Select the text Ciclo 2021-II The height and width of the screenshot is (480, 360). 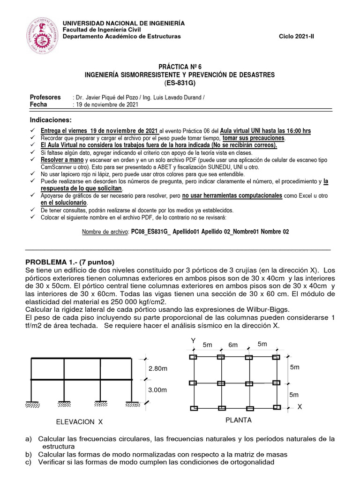[x=297, y=37]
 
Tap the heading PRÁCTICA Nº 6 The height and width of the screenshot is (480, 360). [x=180, y=67]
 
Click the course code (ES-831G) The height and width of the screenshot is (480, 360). [x=180, y=83]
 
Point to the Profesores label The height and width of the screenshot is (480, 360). [x=45, y=97]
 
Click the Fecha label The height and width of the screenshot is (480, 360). [x=38, y=105]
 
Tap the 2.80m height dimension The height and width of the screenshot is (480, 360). [x=157, y=368]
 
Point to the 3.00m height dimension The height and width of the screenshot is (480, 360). [x=157, y=390]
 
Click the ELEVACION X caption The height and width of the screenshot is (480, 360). [x=79, y=422]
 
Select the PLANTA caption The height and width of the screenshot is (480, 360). [x=238, y=420]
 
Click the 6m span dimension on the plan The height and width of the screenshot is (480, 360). [x=233, y=345]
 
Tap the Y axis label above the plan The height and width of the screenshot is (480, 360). [x=193, y=340]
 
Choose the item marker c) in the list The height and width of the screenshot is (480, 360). [x=29, y=462]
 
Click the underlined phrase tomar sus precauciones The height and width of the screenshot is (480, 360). [x=253, y=138]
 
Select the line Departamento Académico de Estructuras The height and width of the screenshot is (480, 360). [x=121, y=37]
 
